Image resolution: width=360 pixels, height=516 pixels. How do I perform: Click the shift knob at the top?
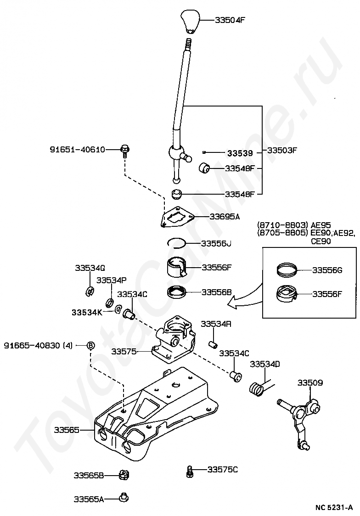(190, 22)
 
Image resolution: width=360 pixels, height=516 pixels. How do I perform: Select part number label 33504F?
(230, 20)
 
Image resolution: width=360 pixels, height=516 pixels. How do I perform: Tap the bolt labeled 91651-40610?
(125, 151)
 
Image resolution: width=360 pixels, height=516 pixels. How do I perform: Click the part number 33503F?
(282, 151)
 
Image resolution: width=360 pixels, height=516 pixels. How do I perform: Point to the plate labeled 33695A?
(178, 217)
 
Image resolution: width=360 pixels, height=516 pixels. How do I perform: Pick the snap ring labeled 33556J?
(176, 243)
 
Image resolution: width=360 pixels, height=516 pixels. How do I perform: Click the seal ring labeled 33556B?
(177, 292)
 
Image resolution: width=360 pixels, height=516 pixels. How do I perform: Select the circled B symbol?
(91, 346)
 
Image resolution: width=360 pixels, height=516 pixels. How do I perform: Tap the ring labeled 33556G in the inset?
(286, 269)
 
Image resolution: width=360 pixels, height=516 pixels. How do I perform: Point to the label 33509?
(310, 383)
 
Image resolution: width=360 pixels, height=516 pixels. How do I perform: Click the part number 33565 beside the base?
(67, 430)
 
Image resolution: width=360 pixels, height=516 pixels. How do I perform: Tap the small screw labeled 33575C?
(190, 471)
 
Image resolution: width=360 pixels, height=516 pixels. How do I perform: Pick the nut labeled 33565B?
(124, 475)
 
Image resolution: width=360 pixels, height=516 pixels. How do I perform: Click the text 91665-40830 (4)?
(38, 346)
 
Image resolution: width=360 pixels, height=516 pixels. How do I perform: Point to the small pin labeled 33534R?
(213, 344)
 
